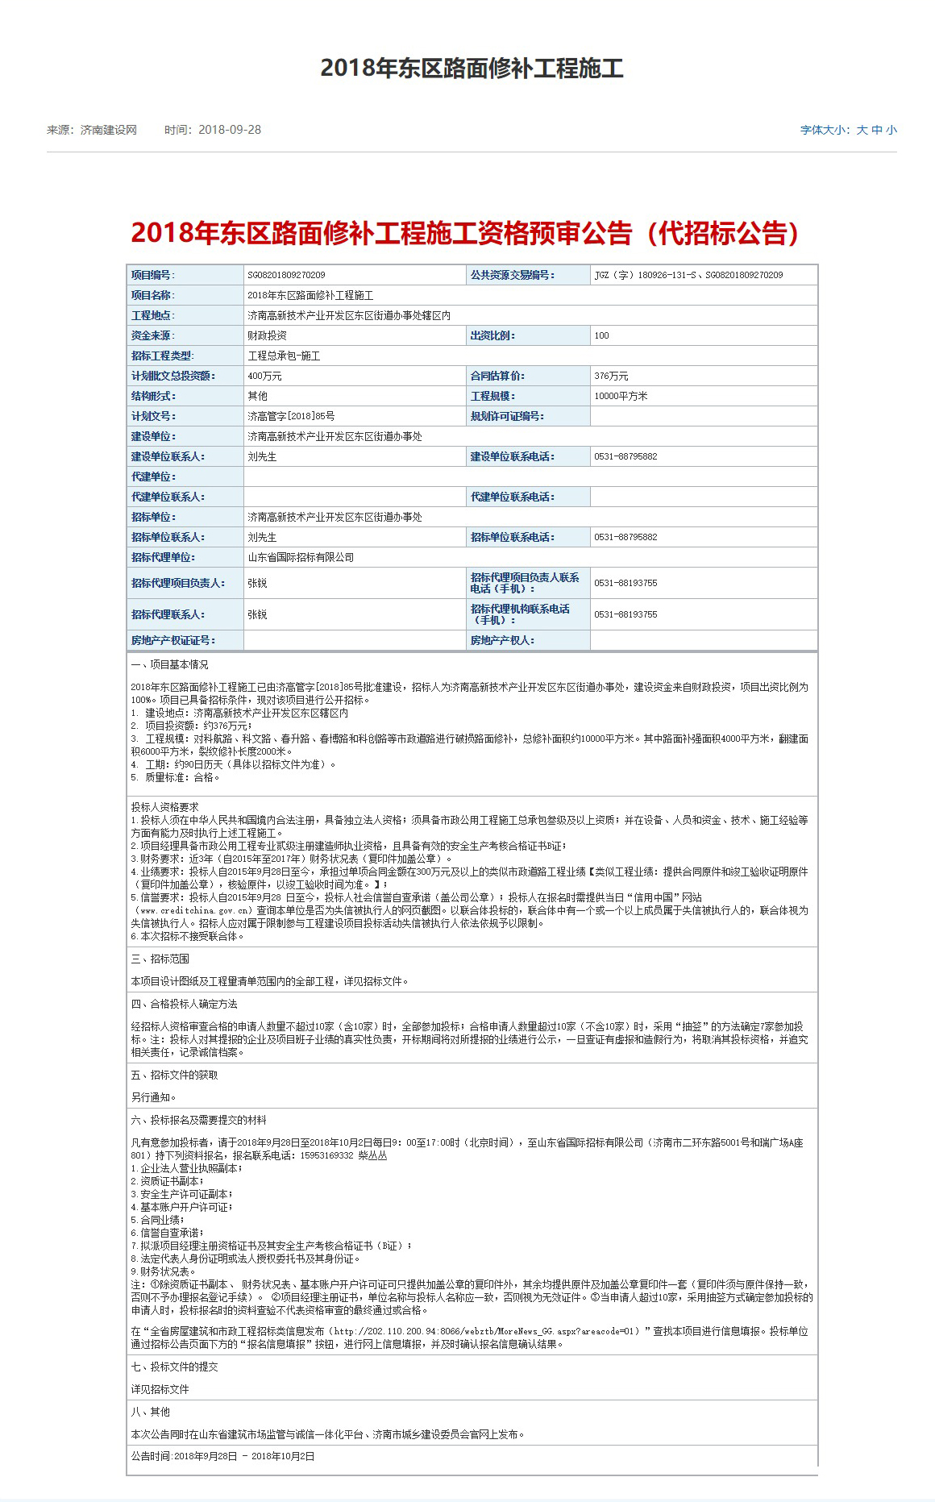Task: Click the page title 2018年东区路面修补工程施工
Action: [x=472, y=68]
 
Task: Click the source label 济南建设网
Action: [x=109, y=130]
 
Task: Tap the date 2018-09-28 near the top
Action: [x=230, y=130]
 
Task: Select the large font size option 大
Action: [x=862, y=130]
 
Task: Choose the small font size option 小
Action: [x=891, y=130]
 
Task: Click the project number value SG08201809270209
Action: [x=286, y=275]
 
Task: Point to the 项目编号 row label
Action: [x=153, y=275]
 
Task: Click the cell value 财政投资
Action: [x=267, y=335]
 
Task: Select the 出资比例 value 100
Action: [x=601, y=335]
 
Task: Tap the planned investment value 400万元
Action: [x=264, y=376]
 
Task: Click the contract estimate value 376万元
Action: [x=611, y=376]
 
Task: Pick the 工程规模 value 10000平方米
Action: [x=621, y=396]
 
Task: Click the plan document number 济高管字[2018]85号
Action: [x=291, y=416]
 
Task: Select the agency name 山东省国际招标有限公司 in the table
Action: [x=301, y=557]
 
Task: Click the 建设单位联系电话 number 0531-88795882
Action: [x=625, y=456]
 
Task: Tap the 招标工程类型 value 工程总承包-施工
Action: [x=284, y=356]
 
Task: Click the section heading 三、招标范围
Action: [x=160, y=959]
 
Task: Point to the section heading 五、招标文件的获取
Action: [x=174, y=1075]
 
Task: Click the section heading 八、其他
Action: [x=151, y=1412]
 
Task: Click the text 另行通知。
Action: [x=153, y=1097]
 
